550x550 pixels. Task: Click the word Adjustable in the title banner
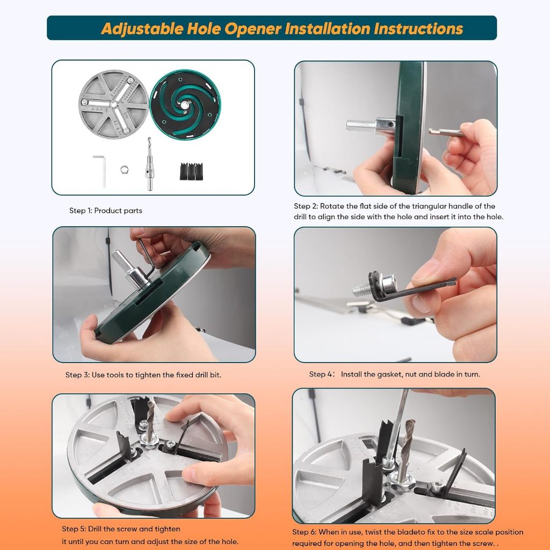click(142, 29)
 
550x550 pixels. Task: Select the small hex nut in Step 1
click(125, 170)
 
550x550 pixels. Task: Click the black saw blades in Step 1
click(192, 171)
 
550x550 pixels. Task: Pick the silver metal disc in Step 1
click(114, 104)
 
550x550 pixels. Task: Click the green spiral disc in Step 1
click(185, 105)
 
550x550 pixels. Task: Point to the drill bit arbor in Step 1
click(150, 164)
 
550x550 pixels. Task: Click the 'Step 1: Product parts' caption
click(106, 211)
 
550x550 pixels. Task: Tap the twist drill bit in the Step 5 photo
click(151, 419)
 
